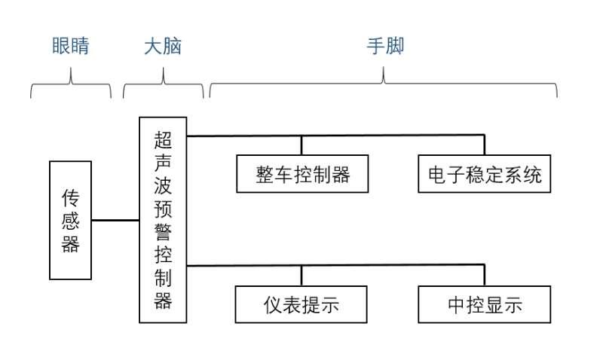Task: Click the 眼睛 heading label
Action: [71, 46]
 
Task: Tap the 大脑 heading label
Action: [163, 46]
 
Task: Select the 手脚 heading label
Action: [385, 46]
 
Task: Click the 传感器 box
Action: [71, 220]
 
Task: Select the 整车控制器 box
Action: [303, 174]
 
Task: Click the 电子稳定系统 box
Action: [485, 174]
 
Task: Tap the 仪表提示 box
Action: [301, 304]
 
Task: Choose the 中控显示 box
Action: [485, 304]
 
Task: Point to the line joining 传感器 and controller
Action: [115, 220]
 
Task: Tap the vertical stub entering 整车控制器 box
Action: [302, 145]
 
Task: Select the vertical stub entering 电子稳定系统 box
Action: [485, 145]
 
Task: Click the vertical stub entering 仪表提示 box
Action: [302, 276]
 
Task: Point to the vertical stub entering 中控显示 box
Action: [485, 276]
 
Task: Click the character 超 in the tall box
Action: [163, 139]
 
